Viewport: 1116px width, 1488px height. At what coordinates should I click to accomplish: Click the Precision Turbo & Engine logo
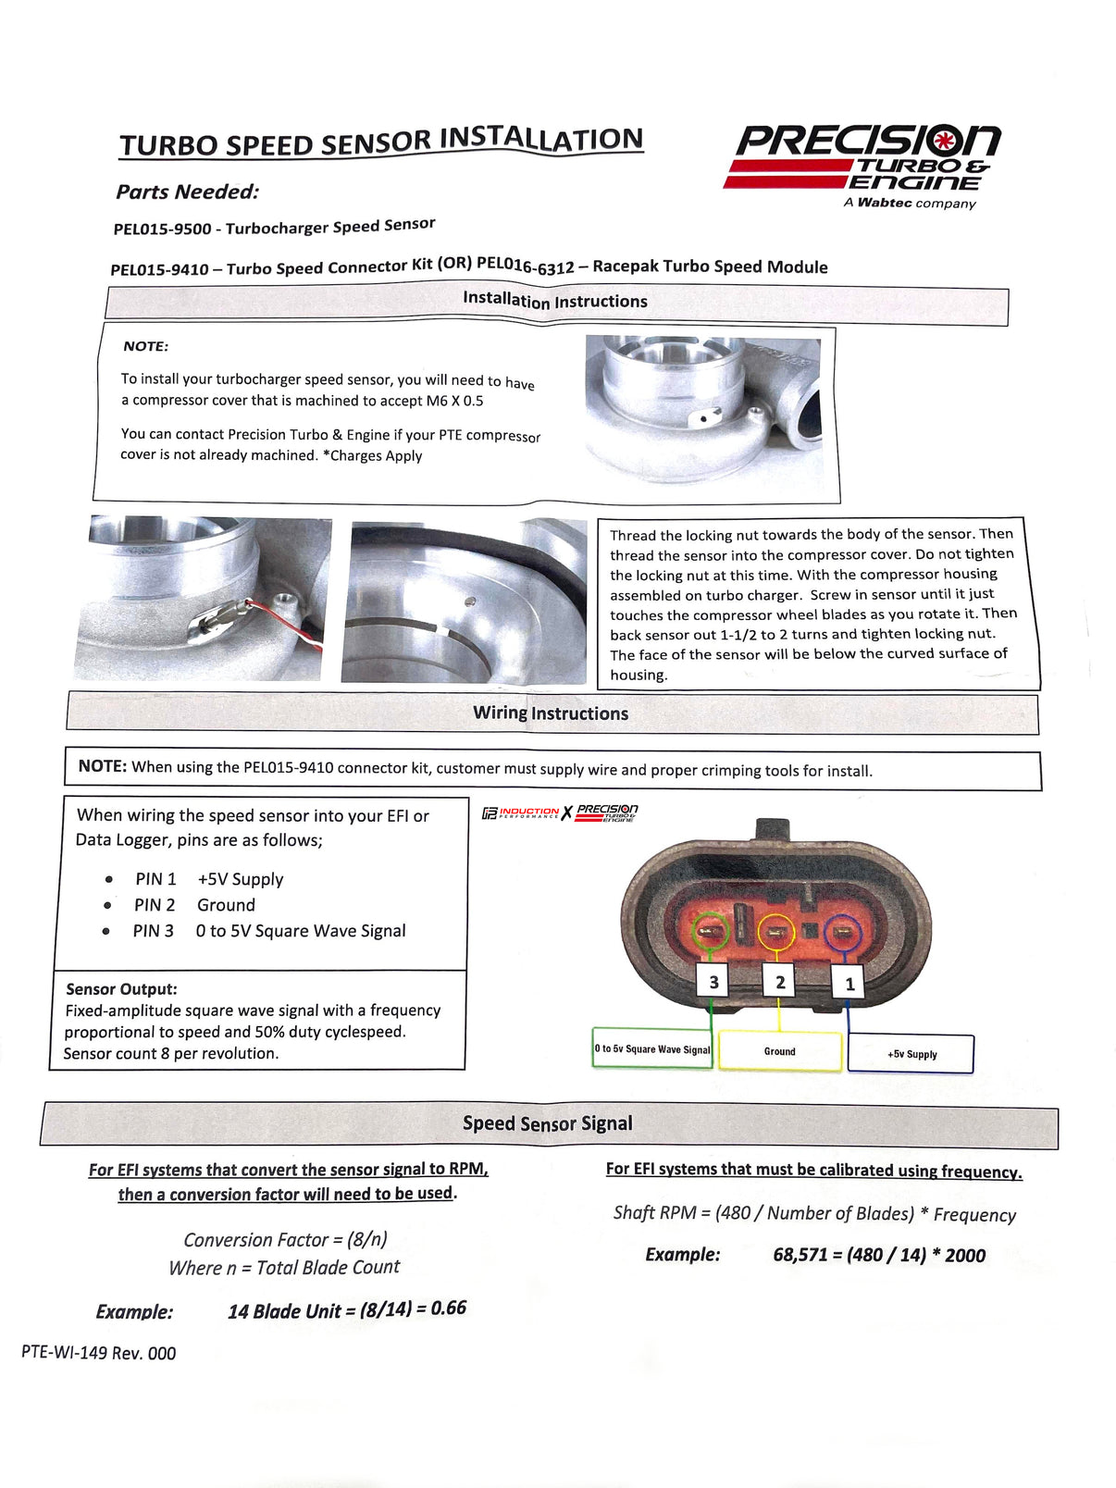click(862, 162)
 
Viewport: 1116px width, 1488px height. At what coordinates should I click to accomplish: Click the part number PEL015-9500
click(162, 229)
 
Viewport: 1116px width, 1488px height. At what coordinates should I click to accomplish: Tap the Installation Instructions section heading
click(555, 300)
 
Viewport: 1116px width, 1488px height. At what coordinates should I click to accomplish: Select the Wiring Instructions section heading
click(551, 713)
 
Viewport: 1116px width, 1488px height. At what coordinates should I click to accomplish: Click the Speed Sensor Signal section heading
click(548, 1123)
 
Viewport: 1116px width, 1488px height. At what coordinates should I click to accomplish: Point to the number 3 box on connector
click(713, 982)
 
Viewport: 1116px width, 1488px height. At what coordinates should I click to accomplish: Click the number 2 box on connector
click(780, 982)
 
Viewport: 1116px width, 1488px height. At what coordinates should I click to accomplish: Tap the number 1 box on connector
click(849, 984)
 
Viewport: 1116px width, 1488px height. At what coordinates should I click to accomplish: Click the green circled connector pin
click(711, 930)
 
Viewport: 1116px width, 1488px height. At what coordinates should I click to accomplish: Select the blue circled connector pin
click(842, 932)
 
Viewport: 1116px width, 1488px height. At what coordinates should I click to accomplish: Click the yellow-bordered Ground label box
click(780, 1052)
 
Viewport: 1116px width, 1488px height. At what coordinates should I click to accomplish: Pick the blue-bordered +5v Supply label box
click(911, 1054)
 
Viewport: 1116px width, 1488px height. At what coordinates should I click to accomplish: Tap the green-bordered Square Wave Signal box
click(652, 1049)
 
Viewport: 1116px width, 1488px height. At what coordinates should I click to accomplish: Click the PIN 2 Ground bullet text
click(194, 905)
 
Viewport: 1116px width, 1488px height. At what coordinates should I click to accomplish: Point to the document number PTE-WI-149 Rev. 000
click(99, 1353)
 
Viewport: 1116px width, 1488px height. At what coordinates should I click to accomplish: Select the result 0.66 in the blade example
click(448, 1308)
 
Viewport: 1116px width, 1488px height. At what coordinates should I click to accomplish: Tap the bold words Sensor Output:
click(121, 989)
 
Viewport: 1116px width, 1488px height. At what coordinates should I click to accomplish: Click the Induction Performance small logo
click(521, 812)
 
